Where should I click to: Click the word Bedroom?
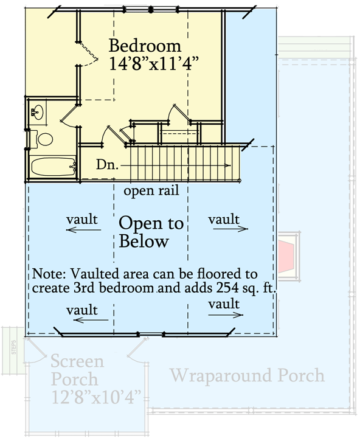(145, 46)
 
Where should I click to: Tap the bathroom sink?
(38, 112)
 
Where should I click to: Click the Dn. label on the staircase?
(106, 165)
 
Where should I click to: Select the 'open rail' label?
(151, 192)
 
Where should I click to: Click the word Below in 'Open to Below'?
(144, 242)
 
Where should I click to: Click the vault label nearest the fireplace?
(223, 220)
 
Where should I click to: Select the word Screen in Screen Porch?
(77, 361)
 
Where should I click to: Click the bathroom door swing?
(69, 118)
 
